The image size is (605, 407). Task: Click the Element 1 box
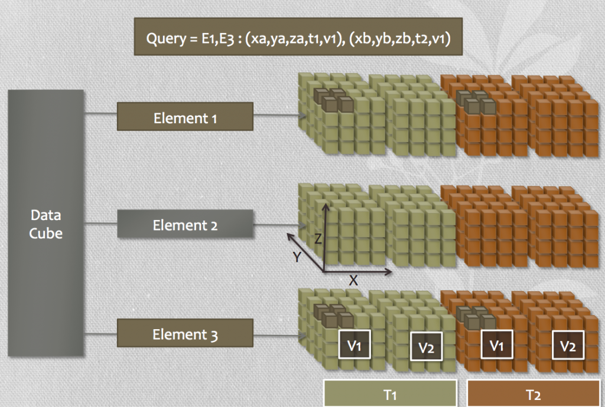click(x=185, y=117)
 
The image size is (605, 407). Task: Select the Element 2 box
click(x=185, y=225)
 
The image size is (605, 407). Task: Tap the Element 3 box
click(x=185, y=334)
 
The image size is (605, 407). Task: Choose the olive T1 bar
click(x=390, y=393)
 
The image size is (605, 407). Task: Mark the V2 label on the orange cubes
click(x=568, y=346)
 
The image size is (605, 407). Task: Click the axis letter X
click(x=353, y=281)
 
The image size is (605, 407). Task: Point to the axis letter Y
click(x=298, y=258)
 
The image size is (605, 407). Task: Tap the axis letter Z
click(x=317, y=239)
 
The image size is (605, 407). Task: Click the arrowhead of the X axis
click(x=389, y=272)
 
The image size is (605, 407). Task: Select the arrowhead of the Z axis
click(x=324, y=207)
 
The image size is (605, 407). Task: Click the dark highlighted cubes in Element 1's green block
click(x=333, y=101)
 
